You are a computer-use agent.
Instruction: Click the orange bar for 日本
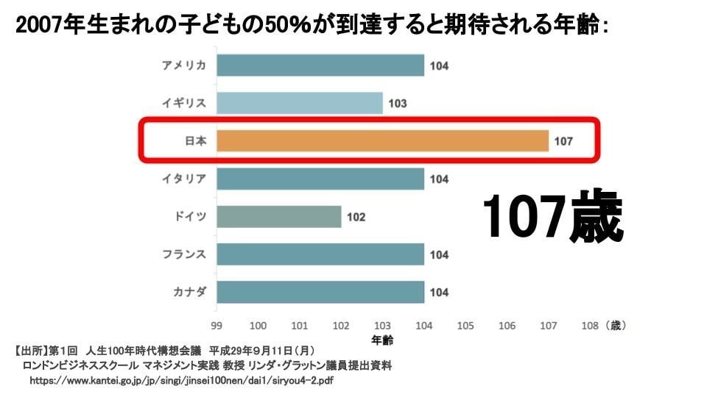coord(383,140)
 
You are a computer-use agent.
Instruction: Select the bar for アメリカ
coord(320,65)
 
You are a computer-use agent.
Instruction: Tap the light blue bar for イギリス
coord(300,103)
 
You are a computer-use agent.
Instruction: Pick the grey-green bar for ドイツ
coord(279,217)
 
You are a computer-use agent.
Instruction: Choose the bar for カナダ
coord(320,292)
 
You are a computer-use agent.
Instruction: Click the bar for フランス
coord(320,254)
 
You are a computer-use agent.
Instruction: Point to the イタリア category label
coord(184,179)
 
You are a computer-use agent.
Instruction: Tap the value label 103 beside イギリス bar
coord(398,104)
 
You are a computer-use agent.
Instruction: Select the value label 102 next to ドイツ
coord(356,218)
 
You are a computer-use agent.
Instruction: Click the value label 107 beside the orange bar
coord(563,141)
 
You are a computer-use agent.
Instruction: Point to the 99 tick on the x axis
coord(217,325)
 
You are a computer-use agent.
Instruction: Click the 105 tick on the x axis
coord(465,325)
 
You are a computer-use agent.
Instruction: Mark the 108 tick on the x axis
coord(589,325)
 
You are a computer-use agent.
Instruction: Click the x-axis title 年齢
coord(382,340)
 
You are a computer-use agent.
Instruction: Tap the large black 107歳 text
coord(553,218)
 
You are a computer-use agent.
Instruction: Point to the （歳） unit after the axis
coord(616,325)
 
